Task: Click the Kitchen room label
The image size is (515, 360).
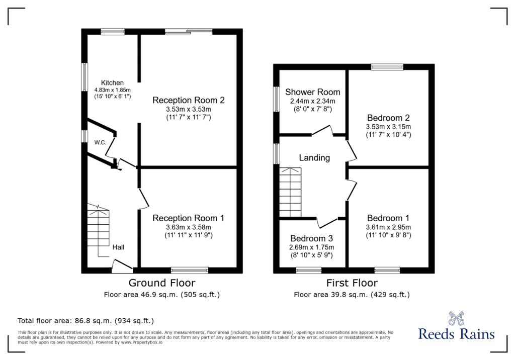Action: [x=112, y=83]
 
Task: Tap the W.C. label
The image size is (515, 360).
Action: [x=100, y=143]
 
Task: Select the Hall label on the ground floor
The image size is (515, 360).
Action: [x=118, y=247]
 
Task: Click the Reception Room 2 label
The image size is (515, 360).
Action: [x=189, y=100]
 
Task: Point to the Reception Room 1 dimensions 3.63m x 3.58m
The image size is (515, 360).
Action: [x=189, y=227]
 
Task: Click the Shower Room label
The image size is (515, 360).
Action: [x=313, y=92]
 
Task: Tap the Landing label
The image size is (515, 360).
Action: [x=314, y=158]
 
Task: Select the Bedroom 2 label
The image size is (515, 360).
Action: [x=389, y=118]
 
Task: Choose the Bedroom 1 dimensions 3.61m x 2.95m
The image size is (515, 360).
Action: [x=389, y=227]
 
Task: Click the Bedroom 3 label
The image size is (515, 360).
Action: [x=312, y=238]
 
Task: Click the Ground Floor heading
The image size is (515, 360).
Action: [x=162, y=283]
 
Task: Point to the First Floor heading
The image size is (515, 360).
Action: [x=352, y=283]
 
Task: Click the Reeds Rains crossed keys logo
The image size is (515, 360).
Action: [x=456, y=318]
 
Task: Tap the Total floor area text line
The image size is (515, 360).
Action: [x=85, y=321]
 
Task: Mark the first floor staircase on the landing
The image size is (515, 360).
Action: [x=290, y=193]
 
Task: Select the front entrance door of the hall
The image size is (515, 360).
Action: [x=122, y=266]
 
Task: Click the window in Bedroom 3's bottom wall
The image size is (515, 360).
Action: [x=309, y=271]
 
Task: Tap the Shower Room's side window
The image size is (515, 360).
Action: [x=277, y=99]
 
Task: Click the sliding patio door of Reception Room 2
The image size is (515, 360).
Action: [x=189, y=32]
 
